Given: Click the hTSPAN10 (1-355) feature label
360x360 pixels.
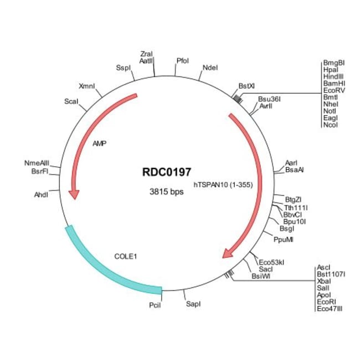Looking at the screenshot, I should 223,184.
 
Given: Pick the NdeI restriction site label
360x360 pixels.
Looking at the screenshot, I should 210,68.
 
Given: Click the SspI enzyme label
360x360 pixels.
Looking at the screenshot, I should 122,68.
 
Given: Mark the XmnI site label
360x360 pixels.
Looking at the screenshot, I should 87,86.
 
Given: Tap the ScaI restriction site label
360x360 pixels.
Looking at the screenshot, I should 71,102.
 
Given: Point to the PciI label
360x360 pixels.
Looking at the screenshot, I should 155,305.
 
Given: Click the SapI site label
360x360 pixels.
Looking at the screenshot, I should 193,304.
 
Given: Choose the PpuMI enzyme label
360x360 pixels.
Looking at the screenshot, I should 284,239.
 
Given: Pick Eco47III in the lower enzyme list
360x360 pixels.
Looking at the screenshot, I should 330,308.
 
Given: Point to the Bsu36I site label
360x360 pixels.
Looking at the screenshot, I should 269,99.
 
